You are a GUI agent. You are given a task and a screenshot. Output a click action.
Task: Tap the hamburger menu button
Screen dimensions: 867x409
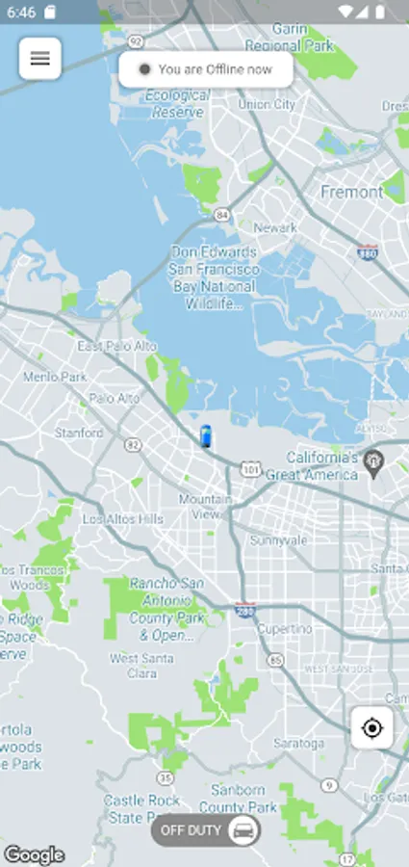[x=40, y=59]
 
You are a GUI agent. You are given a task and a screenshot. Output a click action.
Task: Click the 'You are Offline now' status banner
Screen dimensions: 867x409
[x=206, y=69]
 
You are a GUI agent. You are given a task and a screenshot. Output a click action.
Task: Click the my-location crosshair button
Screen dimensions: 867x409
[x=372, y=727]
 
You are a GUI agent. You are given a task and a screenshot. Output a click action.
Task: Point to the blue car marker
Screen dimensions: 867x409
[x=205, y=435]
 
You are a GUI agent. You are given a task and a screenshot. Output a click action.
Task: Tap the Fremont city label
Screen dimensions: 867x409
[x=351, y=192]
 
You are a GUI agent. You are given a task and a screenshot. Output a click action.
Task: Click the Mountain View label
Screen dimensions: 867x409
[x=205, y=507]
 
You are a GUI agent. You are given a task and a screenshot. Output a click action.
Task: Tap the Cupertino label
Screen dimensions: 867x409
[x=284, y=629]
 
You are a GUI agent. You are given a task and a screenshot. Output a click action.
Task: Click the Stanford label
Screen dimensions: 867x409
[x=78, y=433]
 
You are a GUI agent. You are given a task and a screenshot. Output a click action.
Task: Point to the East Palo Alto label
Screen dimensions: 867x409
[x=116, y=346]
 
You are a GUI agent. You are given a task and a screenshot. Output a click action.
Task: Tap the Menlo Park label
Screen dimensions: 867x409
[x=54, y=377]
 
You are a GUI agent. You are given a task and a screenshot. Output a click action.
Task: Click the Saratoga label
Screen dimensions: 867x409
[x=297, y=744]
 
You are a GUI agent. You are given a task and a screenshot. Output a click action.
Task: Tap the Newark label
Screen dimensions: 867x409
[x=274, y=228]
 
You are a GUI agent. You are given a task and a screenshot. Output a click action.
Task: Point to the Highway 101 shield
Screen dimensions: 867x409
[x=250, y=470]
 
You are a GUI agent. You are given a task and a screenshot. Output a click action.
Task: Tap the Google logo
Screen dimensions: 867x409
[x=34, y=854]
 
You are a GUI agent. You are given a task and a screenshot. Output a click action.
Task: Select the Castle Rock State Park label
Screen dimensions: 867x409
[x=142, y=809]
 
